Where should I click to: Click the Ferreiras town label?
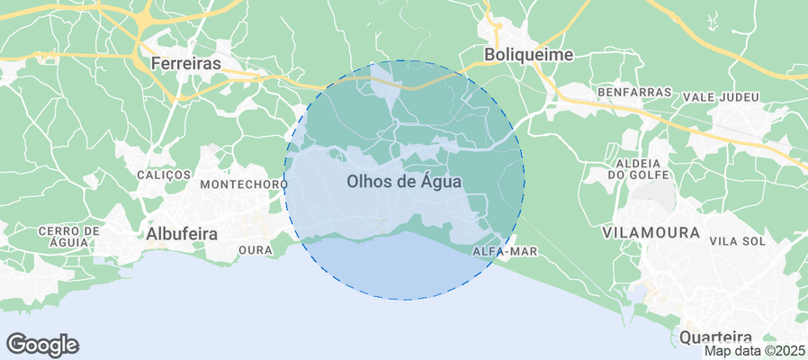pos(186,64)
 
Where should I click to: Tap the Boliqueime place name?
pos(528,54)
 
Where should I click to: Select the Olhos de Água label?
pos(404,181)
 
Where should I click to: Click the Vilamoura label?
pos(651,232)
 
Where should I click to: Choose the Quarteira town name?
pos(716,337)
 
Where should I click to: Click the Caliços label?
pos(164,174)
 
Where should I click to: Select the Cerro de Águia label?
pos(63,237)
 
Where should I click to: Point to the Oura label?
pos(256,249)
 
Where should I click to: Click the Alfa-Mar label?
pos(504,252)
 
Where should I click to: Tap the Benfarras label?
pos(634,93)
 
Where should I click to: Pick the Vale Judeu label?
pos(722,97)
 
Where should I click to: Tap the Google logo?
pos(42,344)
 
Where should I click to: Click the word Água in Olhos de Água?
pos(441,181)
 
